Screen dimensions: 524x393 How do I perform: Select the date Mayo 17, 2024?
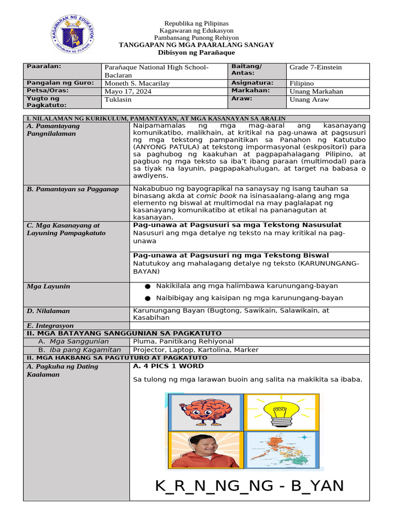(x=128, y=92)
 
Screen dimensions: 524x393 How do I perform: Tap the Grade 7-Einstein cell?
(x=315, y=68)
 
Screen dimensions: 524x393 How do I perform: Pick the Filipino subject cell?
(x=301, y=83)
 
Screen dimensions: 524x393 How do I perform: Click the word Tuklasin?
(x=118, y=100)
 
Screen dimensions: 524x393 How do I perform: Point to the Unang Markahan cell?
(x=316, y=92)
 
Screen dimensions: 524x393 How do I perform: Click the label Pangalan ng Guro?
(x=60, y=83)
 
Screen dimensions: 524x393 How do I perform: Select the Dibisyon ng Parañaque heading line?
(x=196, y=53)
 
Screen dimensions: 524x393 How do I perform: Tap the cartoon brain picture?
(x=204, y=412)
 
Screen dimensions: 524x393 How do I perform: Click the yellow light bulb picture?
(x=281, y=412)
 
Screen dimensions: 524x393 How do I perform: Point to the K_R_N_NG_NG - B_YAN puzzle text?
(x=249, y=486)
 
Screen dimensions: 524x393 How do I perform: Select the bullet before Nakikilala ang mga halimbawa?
(x=148, y=286)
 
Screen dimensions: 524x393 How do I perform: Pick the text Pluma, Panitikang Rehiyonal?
(x=183, y=341)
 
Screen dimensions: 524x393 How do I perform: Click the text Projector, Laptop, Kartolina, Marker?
(x=196, y=350)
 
